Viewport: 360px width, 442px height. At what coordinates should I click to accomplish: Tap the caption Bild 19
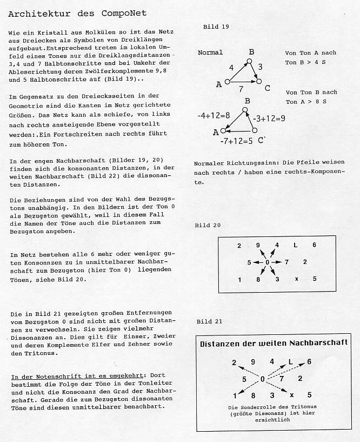click(216, 27)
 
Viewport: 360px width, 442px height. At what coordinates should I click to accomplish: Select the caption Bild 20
click(208, 225)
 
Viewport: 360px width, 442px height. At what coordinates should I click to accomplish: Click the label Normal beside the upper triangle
click(210, 53)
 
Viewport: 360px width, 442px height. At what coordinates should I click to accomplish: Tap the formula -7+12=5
click(237, 141)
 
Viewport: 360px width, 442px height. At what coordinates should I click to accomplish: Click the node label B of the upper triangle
click(251, 52)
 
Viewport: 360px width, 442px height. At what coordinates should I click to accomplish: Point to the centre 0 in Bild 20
click(268, 262)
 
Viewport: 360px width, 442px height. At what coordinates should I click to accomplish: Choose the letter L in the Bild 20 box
click(295, 245)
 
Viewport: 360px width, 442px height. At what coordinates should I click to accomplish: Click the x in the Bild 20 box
click(296, 279)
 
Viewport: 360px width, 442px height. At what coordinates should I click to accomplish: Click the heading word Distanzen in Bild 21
click(223, 343)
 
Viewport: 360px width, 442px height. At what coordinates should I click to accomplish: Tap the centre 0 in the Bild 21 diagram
click(263, 379)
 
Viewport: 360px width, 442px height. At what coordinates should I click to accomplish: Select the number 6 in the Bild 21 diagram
click(309, 361)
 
